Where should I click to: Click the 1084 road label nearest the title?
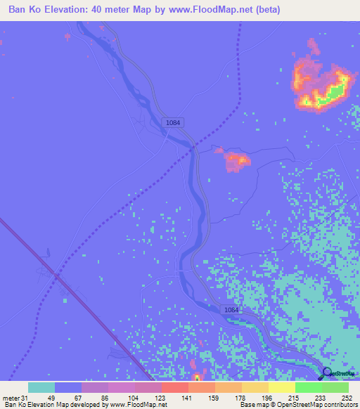click(x=173, y=122)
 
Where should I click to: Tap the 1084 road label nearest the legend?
click(x=232, y=310)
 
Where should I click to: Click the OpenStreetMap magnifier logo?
click(x=327, y=375)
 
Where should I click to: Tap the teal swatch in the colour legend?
click(x=41, y=387)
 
